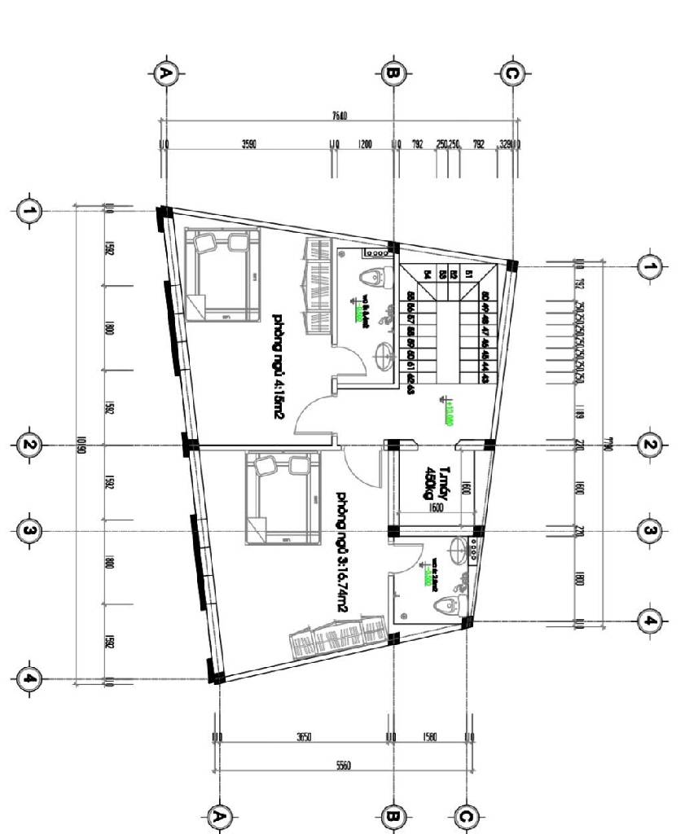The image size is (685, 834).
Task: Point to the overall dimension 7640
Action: click(x=340, y=116)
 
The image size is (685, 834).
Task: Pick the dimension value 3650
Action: click(x=304, y=737)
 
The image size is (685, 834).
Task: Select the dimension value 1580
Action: click(x=430, y=737)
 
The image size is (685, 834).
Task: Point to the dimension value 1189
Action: click(x=579, y=408)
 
